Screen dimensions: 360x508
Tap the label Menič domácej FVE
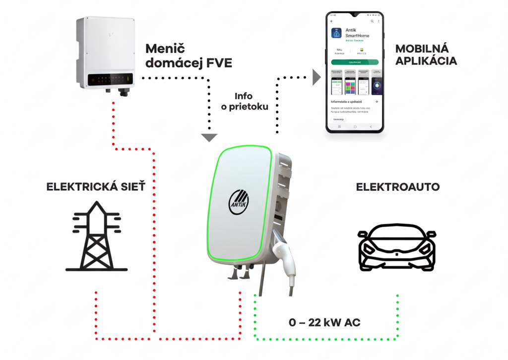[189, 56]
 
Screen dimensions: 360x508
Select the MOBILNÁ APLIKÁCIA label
[426, 55]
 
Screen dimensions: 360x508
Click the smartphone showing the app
[355, 72]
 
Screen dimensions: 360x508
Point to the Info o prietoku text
[244, 101]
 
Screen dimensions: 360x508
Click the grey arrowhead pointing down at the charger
[210, 137]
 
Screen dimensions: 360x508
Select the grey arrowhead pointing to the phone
[316, 77]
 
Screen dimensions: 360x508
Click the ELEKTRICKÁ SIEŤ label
[96, 187]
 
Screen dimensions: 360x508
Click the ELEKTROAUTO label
[398, 187]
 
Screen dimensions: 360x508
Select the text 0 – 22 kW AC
[324, 323]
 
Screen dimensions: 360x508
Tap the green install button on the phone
[354, 62]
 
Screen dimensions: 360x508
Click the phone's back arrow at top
[331, 21]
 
